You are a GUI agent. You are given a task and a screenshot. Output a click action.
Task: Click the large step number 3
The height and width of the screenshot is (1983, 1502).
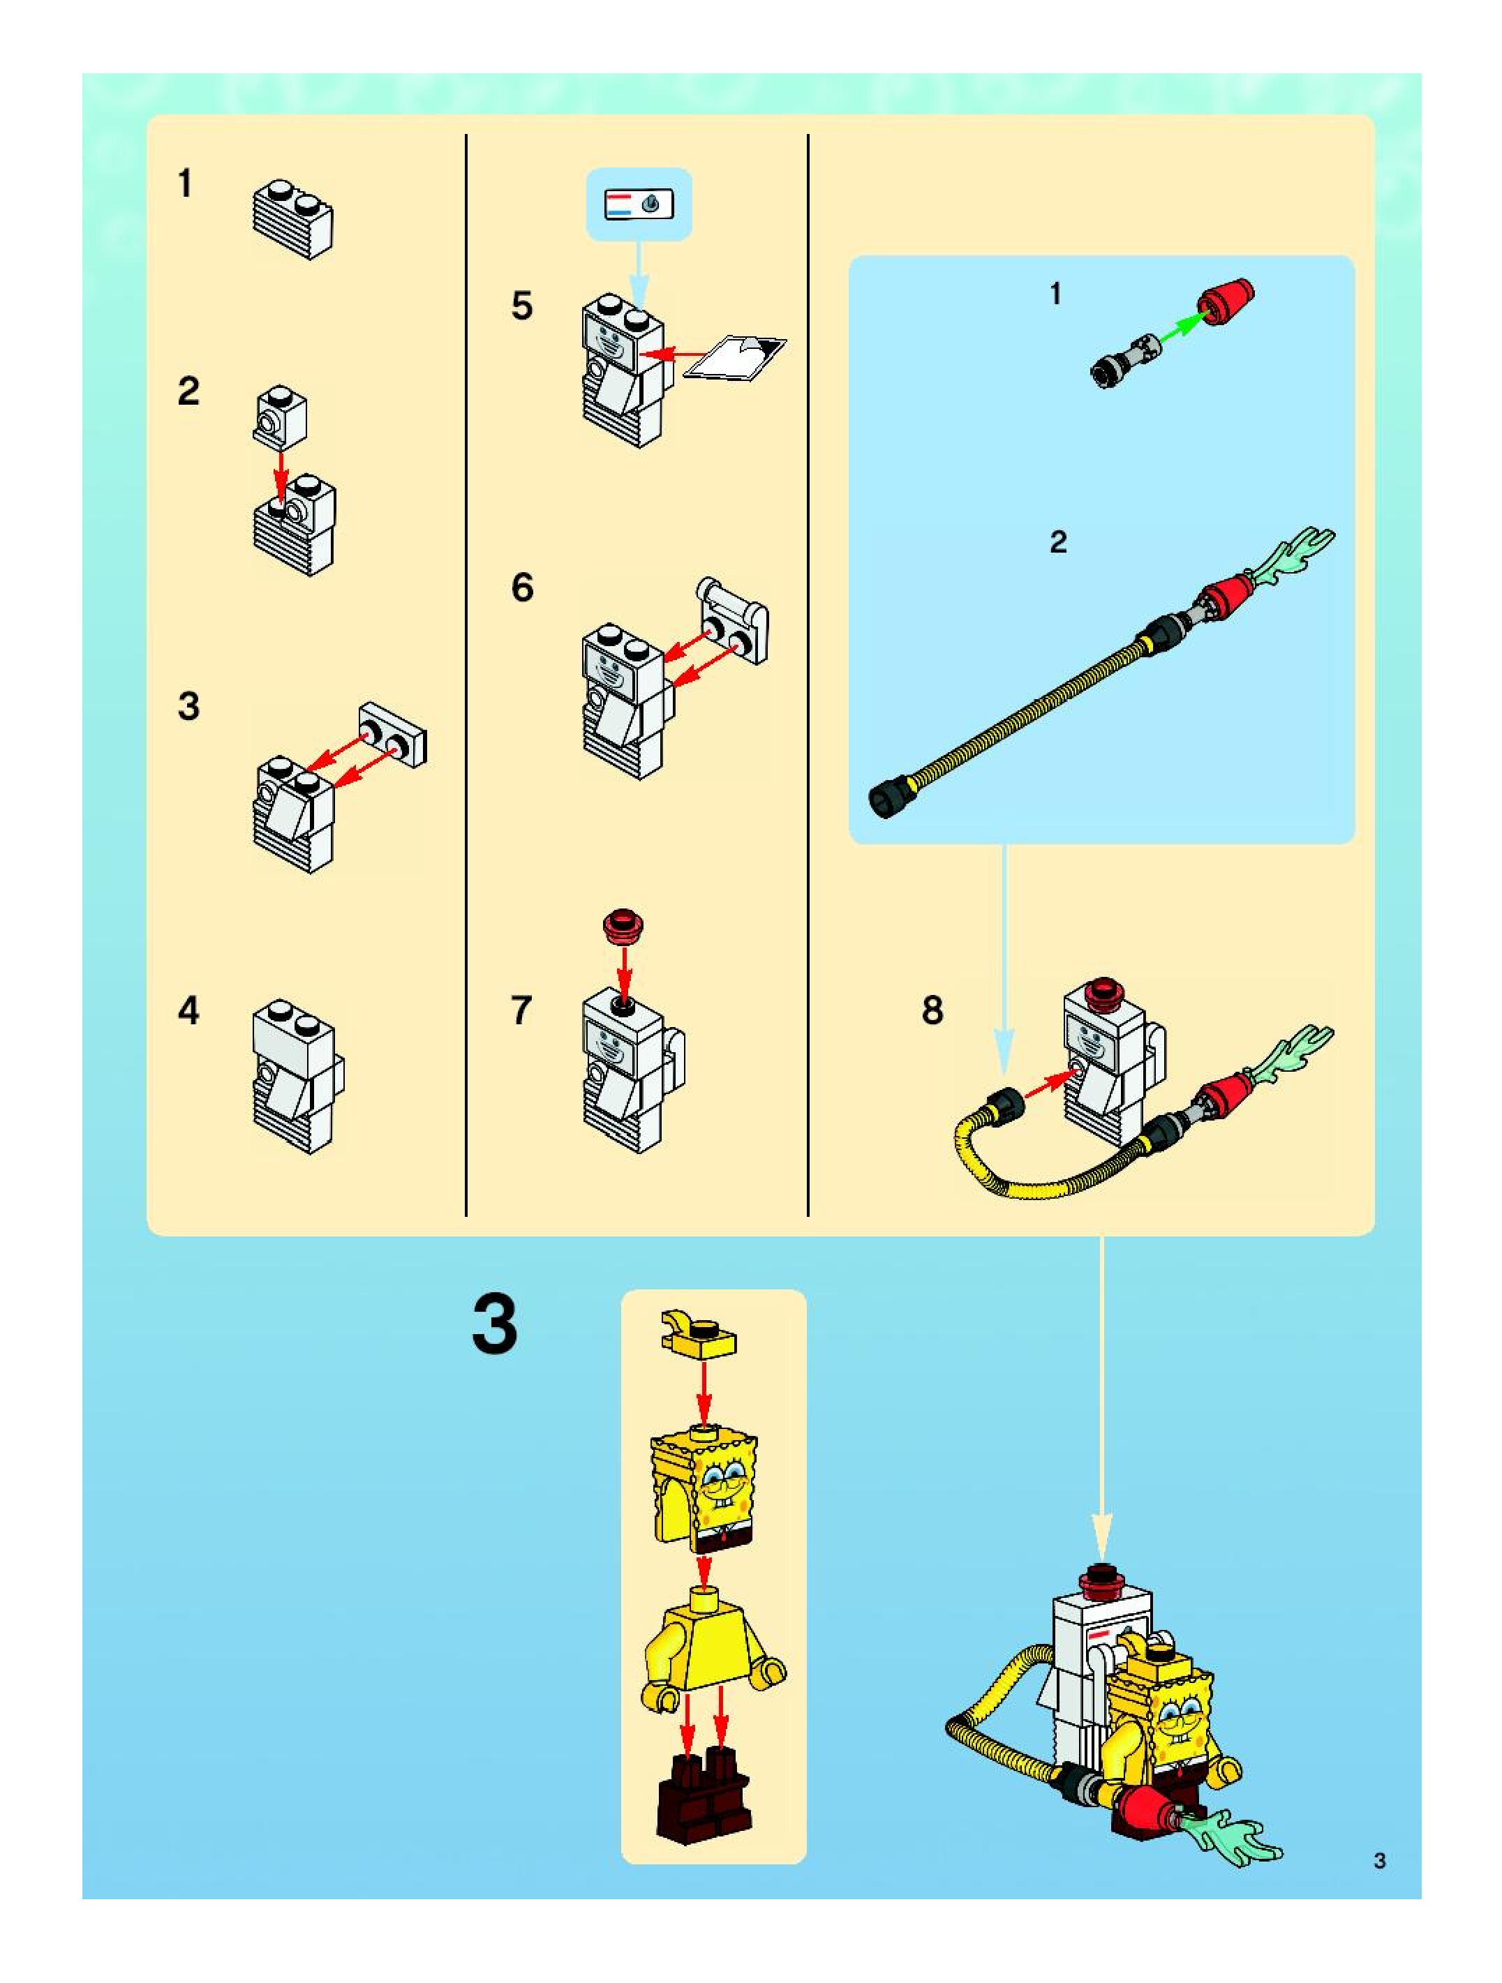click(494, 1326)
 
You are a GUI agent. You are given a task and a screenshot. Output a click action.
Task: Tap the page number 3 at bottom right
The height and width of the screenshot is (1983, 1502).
click(1379, 1860)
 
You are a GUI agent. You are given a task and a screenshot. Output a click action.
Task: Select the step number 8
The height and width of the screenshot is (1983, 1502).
click(932, 1010)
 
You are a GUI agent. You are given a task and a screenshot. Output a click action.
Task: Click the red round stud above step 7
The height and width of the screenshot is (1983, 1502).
click(625, 925)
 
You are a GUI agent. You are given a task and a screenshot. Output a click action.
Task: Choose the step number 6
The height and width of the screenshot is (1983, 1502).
click(522, 588)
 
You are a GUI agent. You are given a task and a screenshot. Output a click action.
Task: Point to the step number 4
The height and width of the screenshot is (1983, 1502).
click(188, 1010)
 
